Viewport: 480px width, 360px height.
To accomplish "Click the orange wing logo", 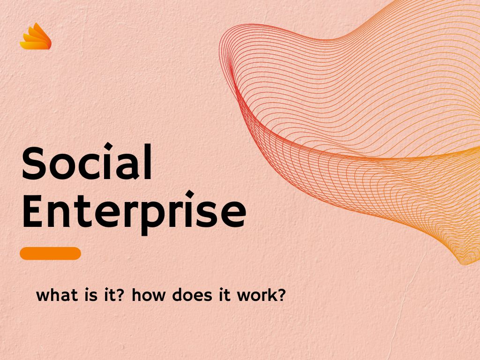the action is [36, 37].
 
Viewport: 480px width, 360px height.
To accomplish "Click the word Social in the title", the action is [87, 162].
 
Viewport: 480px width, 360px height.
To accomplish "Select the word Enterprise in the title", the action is [134, 211].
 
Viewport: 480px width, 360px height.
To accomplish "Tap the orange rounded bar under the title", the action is [50, 254].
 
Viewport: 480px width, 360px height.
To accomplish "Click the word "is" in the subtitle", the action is [90, 295].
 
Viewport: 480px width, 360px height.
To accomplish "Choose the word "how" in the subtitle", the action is [148, 295].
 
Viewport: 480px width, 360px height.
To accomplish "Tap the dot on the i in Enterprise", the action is [190, 195].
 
